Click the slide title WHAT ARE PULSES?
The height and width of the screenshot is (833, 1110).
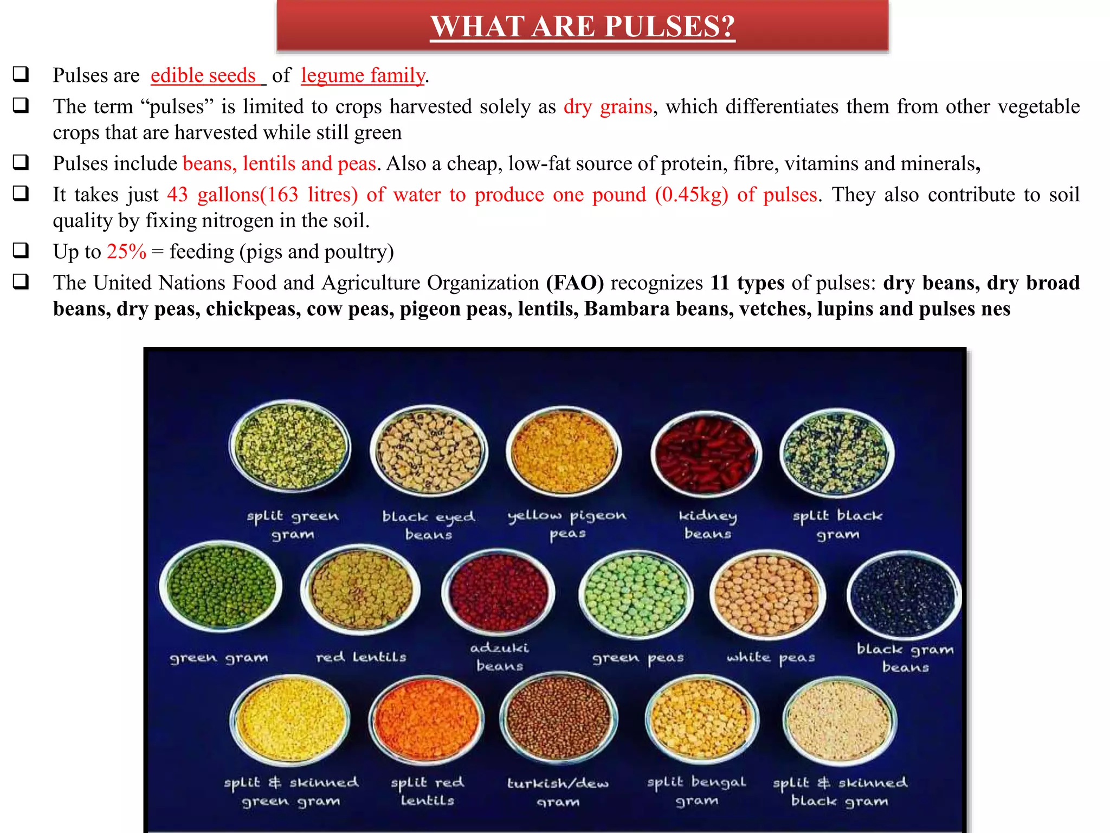[582, 26]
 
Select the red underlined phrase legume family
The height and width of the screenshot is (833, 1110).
[363, 75]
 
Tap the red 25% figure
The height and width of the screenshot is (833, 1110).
[126, 252]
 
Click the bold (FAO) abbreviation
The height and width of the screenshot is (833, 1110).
[575, 283]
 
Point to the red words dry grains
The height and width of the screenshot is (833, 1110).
[608, 107]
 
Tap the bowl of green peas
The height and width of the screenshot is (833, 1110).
[635, 594]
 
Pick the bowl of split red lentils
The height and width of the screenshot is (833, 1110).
[427, 719]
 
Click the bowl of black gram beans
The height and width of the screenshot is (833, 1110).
[904, 595]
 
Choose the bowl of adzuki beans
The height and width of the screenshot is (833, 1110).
[498, 591]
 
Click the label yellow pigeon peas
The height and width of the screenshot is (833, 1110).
[567, 524]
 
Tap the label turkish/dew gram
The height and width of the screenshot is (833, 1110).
[558, 792]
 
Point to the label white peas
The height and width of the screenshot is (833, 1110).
[771, 658]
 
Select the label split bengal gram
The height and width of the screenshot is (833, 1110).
[696, 791]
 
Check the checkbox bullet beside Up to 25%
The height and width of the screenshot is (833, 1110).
[21, 251]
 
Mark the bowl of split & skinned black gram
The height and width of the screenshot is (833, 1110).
[839, 720]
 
